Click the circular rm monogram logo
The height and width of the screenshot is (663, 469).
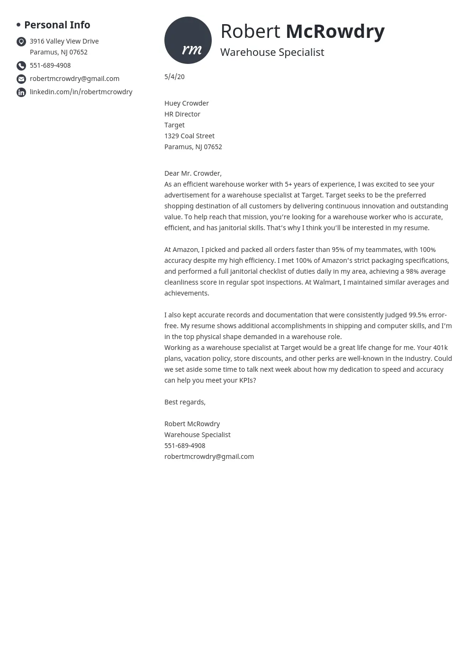coord(188,40)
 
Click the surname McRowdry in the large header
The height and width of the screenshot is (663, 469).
coord(335,31)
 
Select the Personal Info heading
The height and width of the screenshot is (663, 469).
coord(57,25)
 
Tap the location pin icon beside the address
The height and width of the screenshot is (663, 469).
coord(21,42)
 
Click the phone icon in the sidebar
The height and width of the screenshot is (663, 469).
coord(21,66)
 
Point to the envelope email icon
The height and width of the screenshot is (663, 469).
coord(21,79)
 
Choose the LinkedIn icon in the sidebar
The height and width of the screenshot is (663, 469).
coord(21,92)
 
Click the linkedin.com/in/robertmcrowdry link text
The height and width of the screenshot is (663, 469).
coord(81,92)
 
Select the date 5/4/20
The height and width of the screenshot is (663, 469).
coord(174,77)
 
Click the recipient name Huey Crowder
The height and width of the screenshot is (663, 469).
coord(186,103)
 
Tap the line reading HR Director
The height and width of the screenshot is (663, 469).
coord(182,114)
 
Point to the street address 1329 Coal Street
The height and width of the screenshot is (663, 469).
coord(189,136)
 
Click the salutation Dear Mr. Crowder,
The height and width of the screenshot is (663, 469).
coord(193,173)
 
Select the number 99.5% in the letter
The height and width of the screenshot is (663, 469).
coord(417,315)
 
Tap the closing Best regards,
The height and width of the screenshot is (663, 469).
coord(185,402)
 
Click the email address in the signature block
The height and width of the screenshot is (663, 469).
coord(209,457)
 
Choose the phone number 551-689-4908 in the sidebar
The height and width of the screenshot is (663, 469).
coord(50,65)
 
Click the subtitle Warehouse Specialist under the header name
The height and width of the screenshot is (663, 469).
coord(272,52)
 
